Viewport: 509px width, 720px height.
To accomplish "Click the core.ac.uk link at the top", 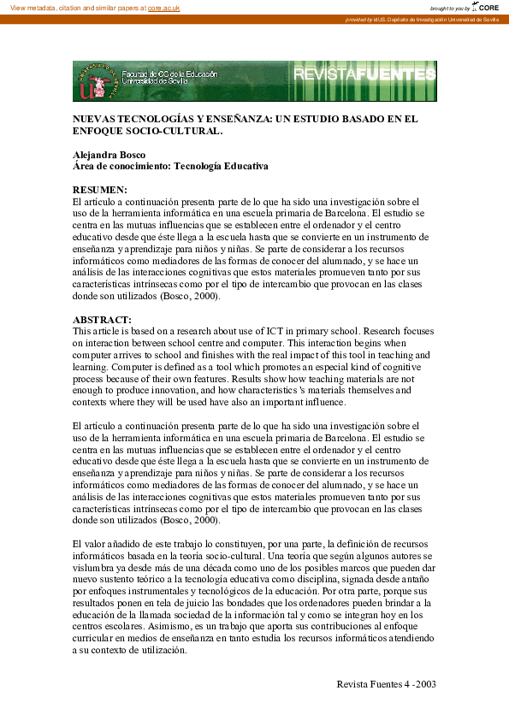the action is pos(163,7).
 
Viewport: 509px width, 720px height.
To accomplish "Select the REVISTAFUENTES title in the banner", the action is pos(364,75).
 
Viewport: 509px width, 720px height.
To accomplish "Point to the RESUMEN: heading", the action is pos(99,189).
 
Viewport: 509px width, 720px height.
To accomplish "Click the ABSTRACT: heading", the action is pos(101,320).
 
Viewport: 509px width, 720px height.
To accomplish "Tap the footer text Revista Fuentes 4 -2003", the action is pos(387,684).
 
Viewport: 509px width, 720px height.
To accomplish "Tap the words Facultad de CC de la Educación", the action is pos(169,75).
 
